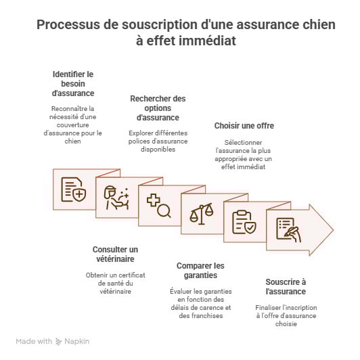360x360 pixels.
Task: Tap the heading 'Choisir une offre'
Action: tap(244, 126)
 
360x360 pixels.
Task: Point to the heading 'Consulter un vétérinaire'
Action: tap(114, 254)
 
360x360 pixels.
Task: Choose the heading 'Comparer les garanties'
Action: tap(200, 271)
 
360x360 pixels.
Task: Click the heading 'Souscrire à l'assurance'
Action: tap(285, 286)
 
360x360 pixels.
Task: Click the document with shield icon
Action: tap(73, 189)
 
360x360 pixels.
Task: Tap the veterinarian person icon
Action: tap(116, 196)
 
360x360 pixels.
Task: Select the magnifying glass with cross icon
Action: tap(158, 204)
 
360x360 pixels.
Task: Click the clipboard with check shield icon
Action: tap(244, 221)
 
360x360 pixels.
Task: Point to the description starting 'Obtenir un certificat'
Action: tap(114, 283)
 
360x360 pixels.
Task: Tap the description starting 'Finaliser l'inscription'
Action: tap(285, 315)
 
